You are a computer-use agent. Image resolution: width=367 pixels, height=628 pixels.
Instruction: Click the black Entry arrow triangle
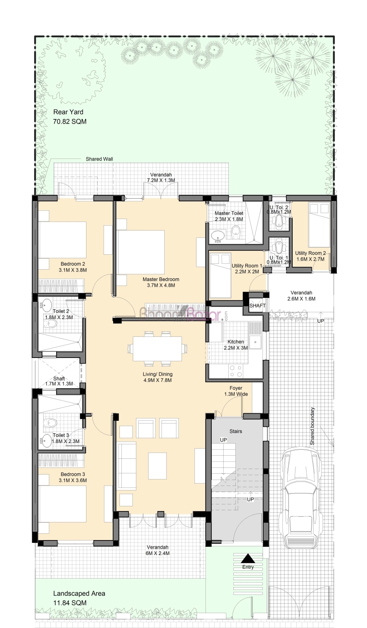click(248, 559)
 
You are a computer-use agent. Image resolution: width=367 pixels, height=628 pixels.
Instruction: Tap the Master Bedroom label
click(161, 282)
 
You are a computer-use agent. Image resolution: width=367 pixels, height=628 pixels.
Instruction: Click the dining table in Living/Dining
click(157, 349)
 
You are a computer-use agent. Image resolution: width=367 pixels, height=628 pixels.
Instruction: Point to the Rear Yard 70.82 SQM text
click(70, 117)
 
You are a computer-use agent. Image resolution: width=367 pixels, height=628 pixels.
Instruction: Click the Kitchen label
click(236, 345)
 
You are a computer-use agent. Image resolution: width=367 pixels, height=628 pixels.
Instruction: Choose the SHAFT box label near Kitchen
click(257, 306)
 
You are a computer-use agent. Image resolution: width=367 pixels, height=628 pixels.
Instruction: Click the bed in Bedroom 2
click(62, 240)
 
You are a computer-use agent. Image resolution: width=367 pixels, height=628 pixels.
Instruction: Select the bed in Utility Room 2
click(319, 225)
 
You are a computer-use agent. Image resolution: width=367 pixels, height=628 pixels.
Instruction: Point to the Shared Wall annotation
click(99, 159)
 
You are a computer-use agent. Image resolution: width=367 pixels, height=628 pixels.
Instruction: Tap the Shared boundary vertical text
click(312, 426)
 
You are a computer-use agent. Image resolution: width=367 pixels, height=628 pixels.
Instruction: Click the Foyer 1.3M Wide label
click(236, 391)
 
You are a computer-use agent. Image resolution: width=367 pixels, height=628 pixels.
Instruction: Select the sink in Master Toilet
click(217, 236)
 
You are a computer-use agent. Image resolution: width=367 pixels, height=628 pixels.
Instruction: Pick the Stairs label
click(236, 431)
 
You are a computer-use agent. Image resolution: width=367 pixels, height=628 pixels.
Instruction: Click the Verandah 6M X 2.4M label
click(158, 550)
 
